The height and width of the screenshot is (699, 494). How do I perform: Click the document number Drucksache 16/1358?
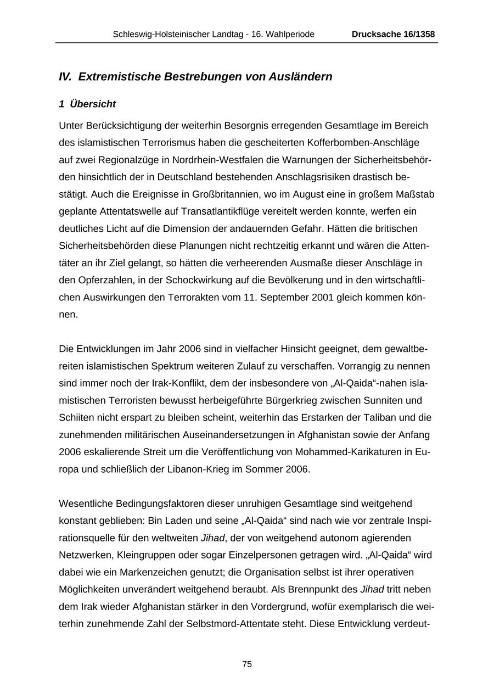point(393,35)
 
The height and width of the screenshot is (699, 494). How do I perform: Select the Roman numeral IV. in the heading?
point(65,77)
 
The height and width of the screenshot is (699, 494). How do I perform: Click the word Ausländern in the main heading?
point(300,77)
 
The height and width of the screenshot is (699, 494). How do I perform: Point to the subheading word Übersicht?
point(93,104)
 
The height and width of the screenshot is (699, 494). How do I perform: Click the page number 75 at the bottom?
point(247,664)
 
